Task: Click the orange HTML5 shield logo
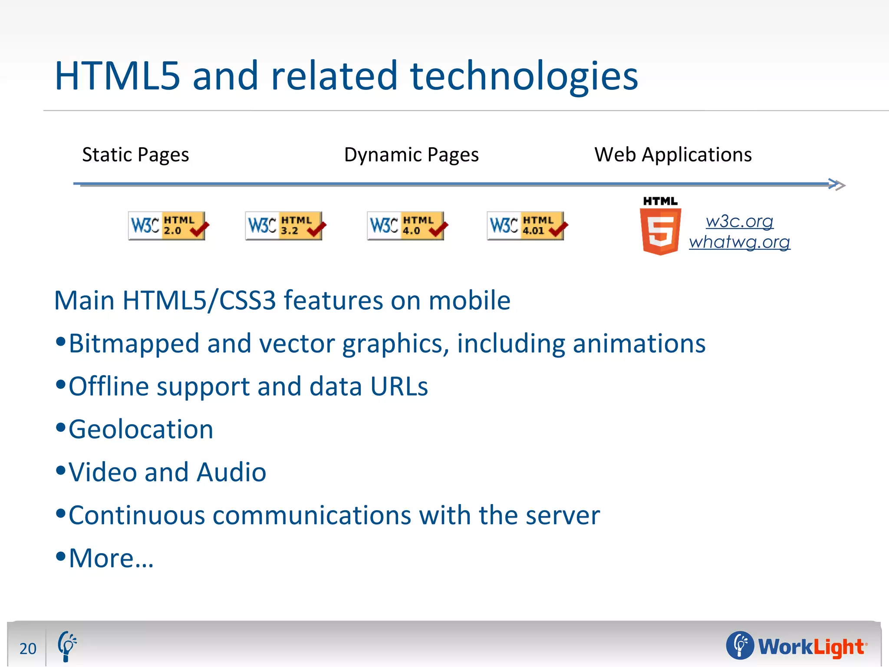[x=660, y=230]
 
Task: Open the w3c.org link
[x=739, y=221]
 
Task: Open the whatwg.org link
[x=739, y=242]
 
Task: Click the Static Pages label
[x=135, y=155]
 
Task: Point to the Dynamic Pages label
[x=411, y=155]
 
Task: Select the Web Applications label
[x=673, y=155]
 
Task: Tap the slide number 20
[x=28, y=648]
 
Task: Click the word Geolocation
[x=141, y=429]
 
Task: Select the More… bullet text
[x=111, y=558]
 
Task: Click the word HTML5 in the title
[x=117, y=76]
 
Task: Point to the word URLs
[x=399, y=386]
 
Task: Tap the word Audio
[x=231, y=472]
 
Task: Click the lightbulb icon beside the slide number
[x=67, y=646]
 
